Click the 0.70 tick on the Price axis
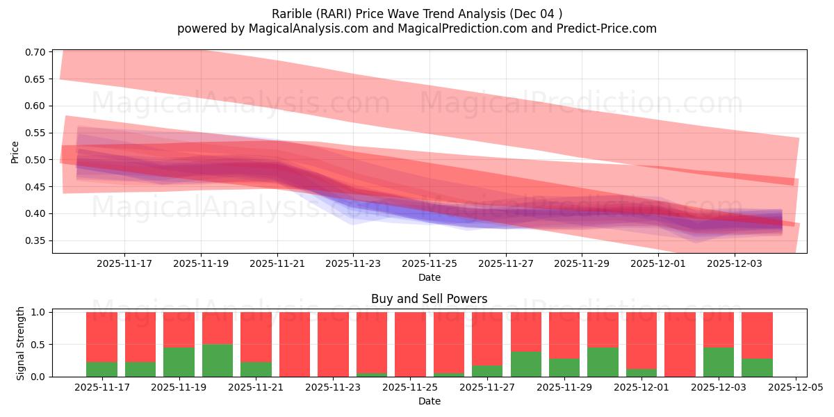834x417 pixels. pyautogui.click(x=36, y=52)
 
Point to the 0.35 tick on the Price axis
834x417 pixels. pyautogui.click(x=36, y=240)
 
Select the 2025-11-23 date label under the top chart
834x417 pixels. pyautogui.click(x=353, y=264)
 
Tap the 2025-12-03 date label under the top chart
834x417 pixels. pyautogui.click(x=735, y=264)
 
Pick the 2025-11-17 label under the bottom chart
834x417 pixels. pyautogui.click(x=101, y=388)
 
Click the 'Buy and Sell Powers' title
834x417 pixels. pyautogui.click(x=429, y=299)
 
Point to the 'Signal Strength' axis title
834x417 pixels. pyautogui.click(x=21, y=343)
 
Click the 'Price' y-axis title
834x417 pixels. pyautogui.click(x=15, y=152)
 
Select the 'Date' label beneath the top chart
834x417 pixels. pyautogui.click(x=429, y=277)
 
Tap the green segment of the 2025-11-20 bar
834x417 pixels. pyautogui.click(x=218, y=361)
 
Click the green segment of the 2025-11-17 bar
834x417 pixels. pyautogui.click(x=101, y=369)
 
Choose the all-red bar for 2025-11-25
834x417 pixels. pyautogui.click(x=410, y=344)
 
